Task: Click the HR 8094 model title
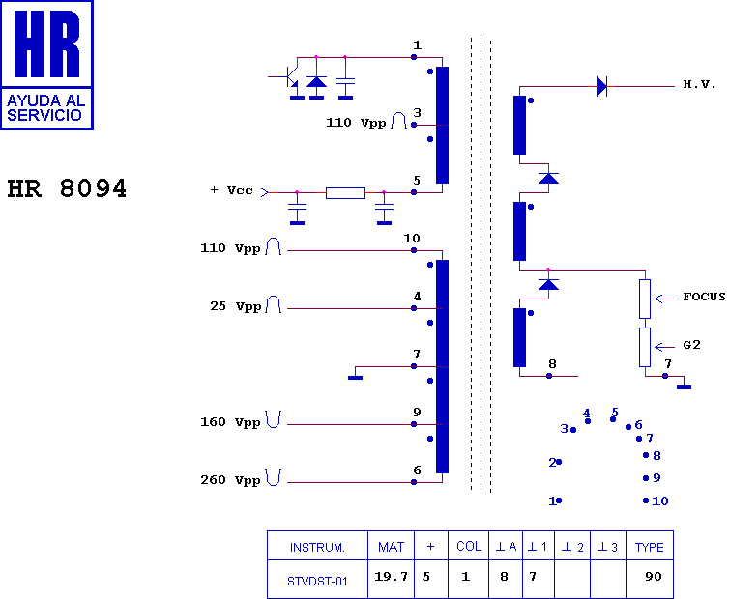(67, 188)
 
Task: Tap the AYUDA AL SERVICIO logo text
(44, 107)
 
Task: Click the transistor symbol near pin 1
(291, 76)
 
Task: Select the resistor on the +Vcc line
(345, 193)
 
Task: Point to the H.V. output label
(699, 85)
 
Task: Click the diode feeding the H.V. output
(601, 86)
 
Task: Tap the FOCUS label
(704, 297)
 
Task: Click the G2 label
(692, 345)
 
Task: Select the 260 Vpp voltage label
(230, 480)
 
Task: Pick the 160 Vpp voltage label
(230, 422)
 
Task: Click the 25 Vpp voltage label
(235, 306)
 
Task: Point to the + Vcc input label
(231, 190)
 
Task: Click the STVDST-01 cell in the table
(317, 581)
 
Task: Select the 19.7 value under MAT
(391, 577)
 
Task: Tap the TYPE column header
(650, 548)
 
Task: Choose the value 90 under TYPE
(654, 577)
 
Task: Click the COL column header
(469, 547)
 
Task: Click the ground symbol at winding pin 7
(355, 378)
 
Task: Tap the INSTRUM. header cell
(317, 548)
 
